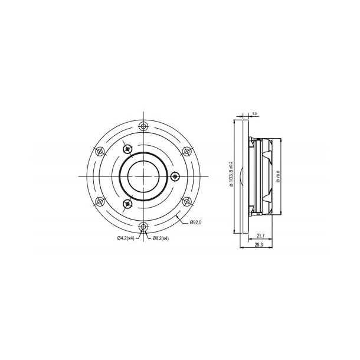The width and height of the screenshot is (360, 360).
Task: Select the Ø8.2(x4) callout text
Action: [161, 238]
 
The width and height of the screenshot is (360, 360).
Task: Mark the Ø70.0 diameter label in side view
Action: [277, 177]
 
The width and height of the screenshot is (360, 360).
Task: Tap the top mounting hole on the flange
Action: [143, 126]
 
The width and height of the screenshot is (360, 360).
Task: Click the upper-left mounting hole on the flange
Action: [99, 151]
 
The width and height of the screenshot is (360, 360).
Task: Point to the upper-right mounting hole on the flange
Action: [186, 151]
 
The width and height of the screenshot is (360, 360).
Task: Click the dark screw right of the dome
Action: [174, 176]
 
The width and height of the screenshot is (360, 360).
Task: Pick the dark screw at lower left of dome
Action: [127, 204]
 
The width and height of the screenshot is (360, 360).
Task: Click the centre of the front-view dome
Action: [143, 176]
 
